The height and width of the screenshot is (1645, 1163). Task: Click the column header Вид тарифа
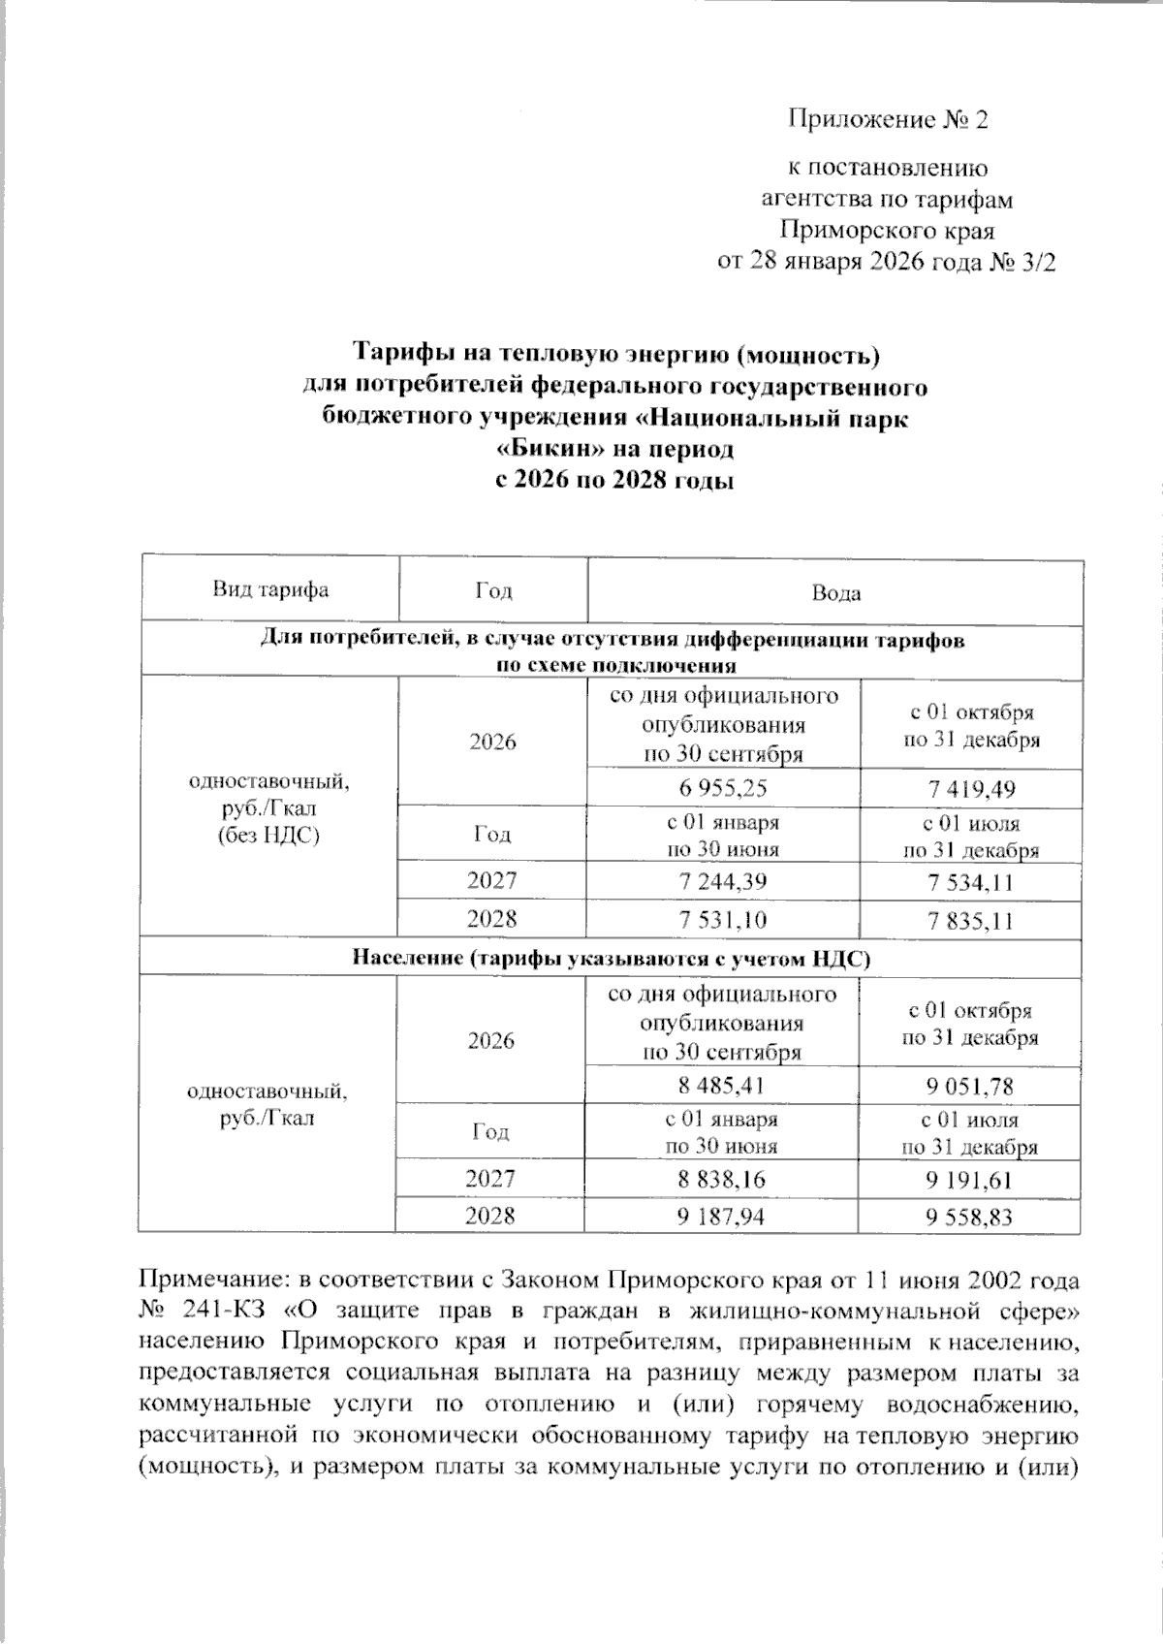(270, 590)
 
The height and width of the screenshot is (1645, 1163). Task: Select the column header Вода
(835, 593)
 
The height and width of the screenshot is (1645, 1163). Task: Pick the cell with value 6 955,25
(723, 788)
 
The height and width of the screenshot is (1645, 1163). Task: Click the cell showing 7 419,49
(971, 789)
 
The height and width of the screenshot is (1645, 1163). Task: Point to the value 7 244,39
(723, 881)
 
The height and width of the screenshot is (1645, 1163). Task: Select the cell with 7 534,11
(971, 882)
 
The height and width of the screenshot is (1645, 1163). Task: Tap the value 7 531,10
(723, 919)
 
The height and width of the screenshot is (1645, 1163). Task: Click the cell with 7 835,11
(971, 920)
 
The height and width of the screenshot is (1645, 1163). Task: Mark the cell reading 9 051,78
(970, 1087)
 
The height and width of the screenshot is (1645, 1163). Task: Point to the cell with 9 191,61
(970, 1180)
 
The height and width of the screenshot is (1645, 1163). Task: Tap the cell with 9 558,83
(970, 1218)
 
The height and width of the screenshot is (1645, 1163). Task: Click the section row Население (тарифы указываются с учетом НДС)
(612, 959)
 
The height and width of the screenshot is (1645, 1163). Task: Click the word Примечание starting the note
(203, 1281)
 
